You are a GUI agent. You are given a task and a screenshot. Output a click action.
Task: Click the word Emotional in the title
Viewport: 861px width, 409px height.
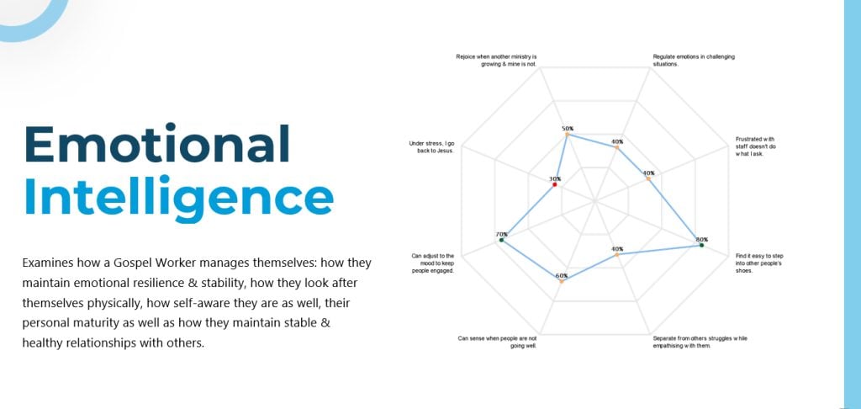point(157,144)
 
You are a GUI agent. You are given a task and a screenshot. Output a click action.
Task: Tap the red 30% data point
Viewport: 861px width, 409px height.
point(555,185)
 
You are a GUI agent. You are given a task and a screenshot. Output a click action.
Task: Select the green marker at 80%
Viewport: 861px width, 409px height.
point(702,245)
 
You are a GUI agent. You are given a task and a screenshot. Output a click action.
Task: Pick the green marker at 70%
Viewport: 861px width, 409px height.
point(501,240)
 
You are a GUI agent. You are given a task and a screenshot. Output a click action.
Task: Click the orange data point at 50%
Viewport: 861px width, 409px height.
point(568,134)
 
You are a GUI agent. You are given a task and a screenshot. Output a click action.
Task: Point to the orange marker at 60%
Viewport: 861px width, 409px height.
point(561,281)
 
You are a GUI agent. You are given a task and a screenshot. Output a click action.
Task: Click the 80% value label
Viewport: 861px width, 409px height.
point(702,239)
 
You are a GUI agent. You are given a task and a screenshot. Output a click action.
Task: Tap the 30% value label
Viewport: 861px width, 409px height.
point(555,178)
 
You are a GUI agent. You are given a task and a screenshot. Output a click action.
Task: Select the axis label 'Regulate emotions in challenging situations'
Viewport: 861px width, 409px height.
point(694,60)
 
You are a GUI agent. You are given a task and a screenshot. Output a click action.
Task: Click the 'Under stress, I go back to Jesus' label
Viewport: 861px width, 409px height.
point(431,146)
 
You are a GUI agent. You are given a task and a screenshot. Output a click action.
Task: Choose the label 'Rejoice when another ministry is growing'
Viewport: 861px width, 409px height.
point(496,60)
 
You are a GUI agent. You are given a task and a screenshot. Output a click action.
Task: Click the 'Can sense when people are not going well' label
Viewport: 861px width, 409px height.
point(497,343)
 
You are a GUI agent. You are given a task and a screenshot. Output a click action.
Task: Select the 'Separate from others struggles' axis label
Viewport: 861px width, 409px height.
point(700,342)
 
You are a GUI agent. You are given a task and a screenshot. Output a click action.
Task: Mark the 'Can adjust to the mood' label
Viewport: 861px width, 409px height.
point(433,263)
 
